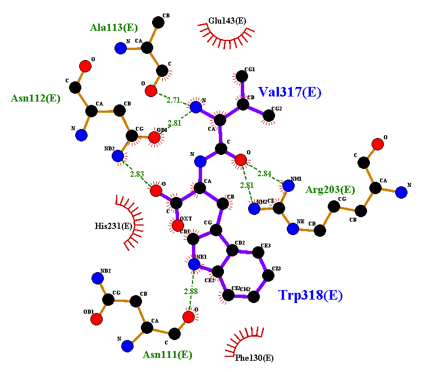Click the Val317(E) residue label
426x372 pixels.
[290, 93]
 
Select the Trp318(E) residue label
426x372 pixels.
[310, 295]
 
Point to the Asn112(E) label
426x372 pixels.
[35, 98]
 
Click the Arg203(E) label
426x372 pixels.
[330, 190]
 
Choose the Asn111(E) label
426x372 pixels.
[167, 355]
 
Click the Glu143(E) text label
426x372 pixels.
[227, 21]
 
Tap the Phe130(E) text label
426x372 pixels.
[255, 357]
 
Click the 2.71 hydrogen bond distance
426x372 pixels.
[173, 100]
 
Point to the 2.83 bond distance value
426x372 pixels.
[138, 174]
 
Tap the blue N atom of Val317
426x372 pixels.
[195, 107]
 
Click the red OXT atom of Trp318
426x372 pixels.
[177, 226]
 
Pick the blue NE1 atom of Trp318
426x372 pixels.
[194, 264]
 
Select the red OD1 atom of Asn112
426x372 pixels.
[154, 138]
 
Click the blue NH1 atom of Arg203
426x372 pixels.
[288, 186]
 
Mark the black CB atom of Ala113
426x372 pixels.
[159, 22]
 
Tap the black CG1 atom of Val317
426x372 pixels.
[242, 76]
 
